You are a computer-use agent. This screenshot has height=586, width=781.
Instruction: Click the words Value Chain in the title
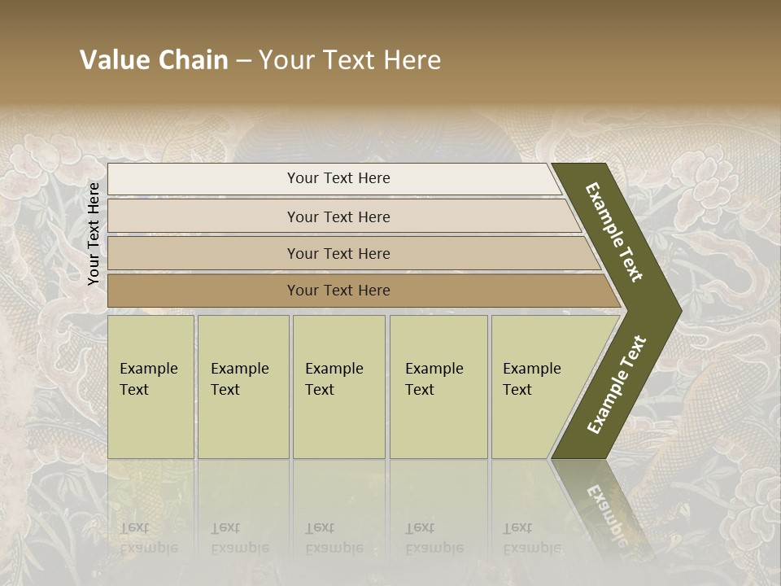coord(154,60)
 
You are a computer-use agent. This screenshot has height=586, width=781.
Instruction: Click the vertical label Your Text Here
coord(94,234)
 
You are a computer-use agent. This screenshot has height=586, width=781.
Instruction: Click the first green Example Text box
coord(151,387)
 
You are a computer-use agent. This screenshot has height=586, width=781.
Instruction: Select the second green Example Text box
coord(243,387)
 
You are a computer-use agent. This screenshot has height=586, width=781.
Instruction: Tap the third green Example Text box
coord(338,387)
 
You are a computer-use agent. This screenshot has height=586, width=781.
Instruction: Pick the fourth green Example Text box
coord(438,387)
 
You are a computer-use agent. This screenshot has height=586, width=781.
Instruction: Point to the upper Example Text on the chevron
coord(614,232)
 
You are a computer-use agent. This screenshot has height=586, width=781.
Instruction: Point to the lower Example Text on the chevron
coord(617,384)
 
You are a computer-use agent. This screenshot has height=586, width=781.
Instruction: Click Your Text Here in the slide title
coord(350,60)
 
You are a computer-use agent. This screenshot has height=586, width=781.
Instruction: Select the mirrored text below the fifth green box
coord(531,538)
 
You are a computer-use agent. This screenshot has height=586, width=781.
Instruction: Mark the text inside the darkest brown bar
coord(338,291)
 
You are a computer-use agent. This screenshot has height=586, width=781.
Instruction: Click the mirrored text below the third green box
coord(334,538)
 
